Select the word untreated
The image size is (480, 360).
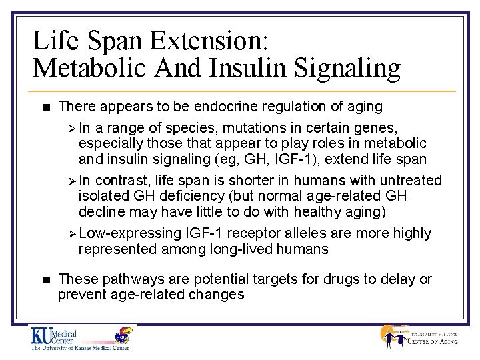[x=411, y=180]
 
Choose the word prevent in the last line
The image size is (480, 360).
[x=81, y=295]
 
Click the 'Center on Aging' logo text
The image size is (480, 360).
[x=433, y=343]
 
